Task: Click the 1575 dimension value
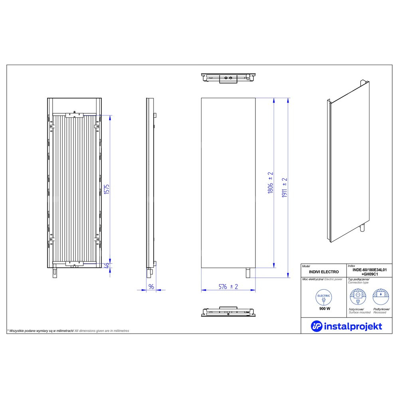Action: pos(107,189)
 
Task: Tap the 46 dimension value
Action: pos(107,265)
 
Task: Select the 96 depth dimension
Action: pos(151,286)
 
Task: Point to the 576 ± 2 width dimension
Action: pos(228,286)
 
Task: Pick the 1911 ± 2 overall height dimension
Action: pos(284,188)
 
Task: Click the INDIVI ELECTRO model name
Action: pos(324,272)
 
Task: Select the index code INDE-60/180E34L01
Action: pos(369,270)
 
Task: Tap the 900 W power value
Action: pos(325,309)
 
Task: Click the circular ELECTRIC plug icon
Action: pos(324,297)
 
